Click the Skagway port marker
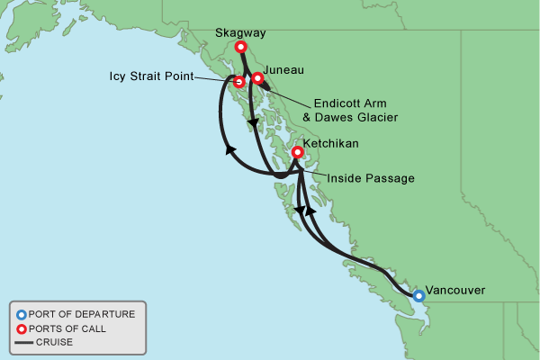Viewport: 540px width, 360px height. (x=240, y=48)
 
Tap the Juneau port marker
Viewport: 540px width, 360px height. (x=257, y=78)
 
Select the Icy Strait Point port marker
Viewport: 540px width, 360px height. (x=238, y=82)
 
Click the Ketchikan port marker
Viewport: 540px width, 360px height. (x=298, y=153)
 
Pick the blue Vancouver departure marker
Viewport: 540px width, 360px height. (x=418, y=294)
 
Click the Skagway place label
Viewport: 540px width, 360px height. (x=241, y=33)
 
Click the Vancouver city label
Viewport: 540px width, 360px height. (x=455, y=290)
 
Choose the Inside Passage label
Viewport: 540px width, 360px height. (x=370, y=178)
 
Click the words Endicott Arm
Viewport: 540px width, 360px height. (x=354, y=103)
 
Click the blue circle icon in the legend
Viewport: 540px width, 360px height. (x=21, y=314)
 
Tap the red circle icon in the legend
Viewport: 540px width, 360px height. (x=21, y=328)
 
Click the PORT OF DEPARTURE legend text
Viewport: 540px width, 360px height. (x=82, y=314)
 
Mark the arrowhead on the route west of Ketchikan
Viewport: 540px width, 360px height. (x=230, y=150)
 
